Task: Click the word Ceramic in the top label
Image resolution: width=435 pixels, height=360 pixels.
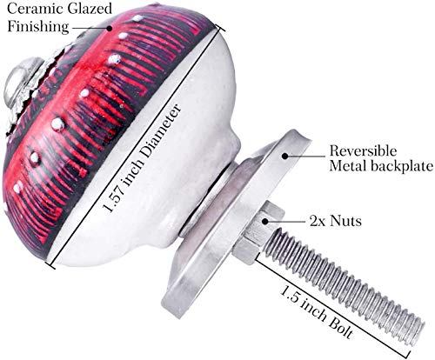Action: coord(35,9)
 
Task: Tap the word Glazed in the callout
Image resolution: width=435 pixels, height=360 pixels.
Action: coord(90,9)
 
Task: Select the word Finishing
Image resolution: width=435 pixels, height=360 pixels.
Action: coord(38,27)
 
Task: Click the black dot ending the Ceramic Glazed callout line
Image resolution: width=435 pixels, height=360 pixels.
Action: coord(110,28)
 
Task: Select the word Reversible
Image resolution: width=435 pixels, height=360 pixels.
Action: coord(363,151)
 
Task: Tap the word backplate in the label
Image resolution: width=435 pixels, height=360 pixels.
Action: coord(402,166)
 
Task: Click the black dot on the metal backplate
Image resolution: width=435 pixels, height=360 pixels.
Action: coord(285,156)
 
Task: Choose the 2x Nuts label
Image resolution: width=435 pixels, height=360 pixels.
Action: coord(336,221)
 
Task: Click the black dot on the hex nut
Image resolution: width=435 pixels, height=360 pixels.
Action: coord(264,221)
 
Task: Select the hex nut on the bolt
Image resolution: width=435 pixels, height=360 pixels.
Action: coord(259,232)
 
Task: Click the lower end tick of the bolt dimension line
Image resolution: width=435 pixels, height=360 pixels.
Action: coord(408,356)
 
